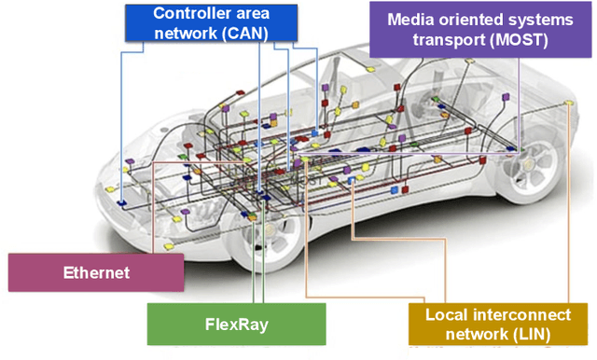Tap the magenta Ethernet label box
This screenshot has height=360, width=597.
coord(96,272)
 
